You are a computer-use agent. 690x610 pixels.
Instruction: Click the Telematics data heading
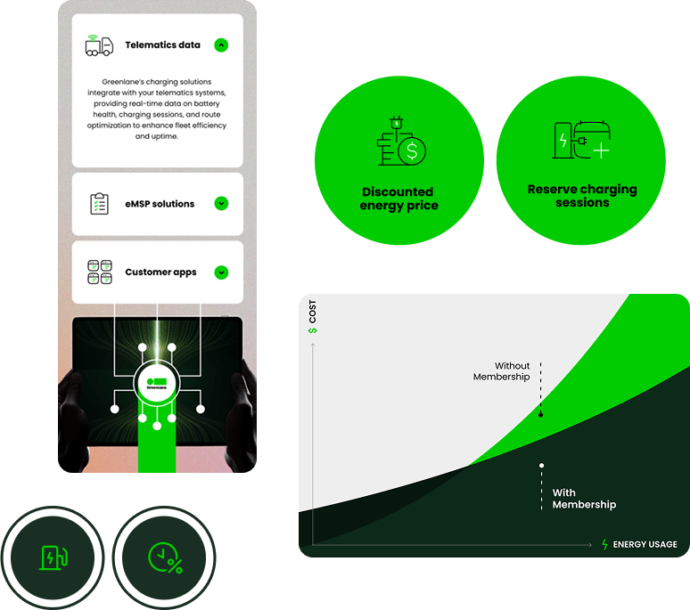point(162,45)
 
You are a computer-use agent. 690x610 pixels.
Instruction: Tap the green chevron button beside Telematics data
point(221,45)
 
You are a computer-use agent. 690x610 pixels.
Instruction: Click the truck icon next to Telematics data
point(99,45)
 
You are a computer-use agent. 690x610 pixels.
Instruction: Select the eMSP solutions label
point(160,204)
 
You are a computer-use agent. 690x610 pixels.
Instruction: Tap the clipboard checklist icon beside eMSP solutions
point(100,203)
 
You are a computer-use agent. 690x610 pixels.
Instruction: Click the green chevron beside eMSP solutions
point(221,203)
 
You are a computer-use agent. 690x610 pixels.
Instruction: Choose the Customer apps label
point(160,272)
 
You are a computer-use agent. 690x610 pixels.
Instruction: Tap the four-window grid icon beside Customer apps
point(100,272)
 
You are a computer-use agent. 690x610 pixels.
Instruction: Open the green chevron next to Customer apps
point(221,272)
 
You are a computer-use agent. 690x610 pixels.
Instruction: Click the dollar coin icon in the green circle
point(412,151)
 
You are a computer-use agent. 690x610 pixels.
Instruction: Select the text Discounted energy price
point(398,199)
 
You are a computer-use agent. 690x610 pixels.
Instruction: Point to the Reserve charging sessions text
point(582,196)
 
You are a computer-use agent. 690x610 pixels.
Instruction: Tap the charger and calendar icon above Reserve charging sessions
point(581,140)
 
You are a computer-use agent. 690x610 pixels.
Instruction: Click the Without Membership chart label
point(501,371)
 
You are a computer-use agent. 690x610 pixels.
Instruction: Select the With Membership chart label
point(584,499)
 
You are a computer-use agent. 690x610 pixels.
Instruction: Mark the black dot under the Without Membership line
point(541,414)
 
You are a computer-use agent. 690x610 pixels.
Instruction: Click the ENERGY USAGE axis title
point(645,544)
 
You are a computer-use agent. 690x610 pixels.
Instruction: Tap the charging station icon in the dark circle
point(53,557)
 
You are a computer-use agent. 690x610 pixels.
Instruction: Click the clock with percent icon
point(166,558)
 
